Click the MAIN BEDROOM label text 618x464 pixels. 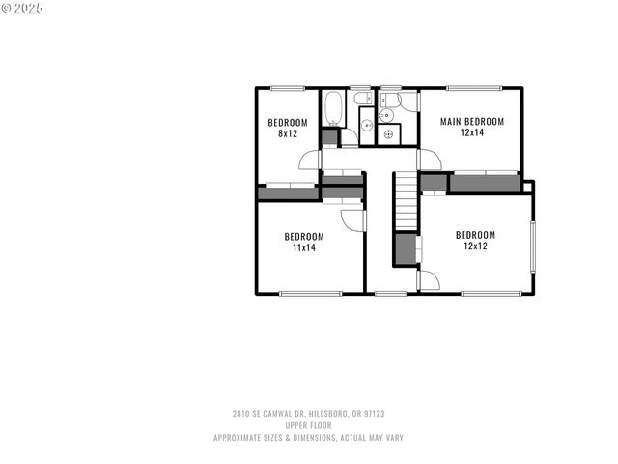pyautogui.click(x=472, y=121)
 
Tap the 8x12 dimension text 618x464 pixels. pyautogui.click(x=287, y=133)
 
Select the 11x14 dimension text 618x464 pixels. pyautogui.click(x=304, y=247)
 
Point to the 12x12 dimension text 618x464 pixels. pyautogui.click(x=475, y=246)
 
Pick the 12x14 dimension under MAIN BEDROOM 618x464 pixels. pyautogui.click(x=472, y=132)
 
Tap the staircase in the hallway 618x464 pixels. pyautogui.click(x=406, y=202)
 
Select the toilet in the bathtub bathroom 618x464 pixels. pyautogui.click(x=363, y=99)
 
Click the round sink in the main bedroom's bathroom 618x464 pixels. pyautogui.click(x=386, y=115)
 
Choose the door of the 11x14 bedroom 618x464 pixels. pyautogui.click(x=353, y=220)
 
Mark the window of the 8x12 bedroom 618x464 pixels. pyautogui.click(x=287, y=88)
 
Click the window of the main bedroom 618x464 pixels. pyautogui.click(x=474, y=88)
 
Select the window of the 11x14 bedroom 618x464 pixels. pyautogui.click(x=310, y=293)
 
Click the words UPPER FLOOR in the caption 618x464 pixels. pyautogui.click(x=308, y=425)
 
